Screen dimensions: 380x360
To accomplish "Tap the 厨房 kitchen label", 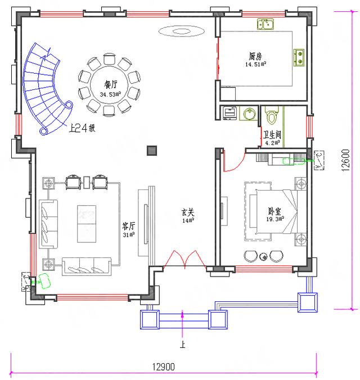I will [x=255, y=56].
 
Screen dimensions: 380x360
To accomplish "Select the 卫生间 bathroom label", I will [x=271, y=135].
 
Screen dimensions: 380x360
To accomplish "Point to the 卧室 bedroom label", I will [x=274, y=211].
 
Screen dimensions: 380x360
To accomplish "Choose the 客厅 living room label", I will [x=129, y=226].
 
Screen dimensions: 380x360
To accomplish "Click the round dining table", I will [x=110, y=89].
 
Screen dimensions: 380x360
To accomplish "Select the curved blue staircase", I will [x=42, y=90].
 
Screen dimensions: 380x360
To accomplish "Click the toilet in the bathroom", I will [x=272, y=116].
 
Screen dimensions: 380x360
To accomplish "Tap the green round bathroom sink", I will [x=250, y=114].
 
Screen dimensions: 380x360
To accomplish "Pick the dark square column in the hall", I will [x=151, y=150].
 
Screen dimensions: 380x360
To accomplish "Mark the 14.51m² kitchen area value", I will [x=255, y=65].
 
